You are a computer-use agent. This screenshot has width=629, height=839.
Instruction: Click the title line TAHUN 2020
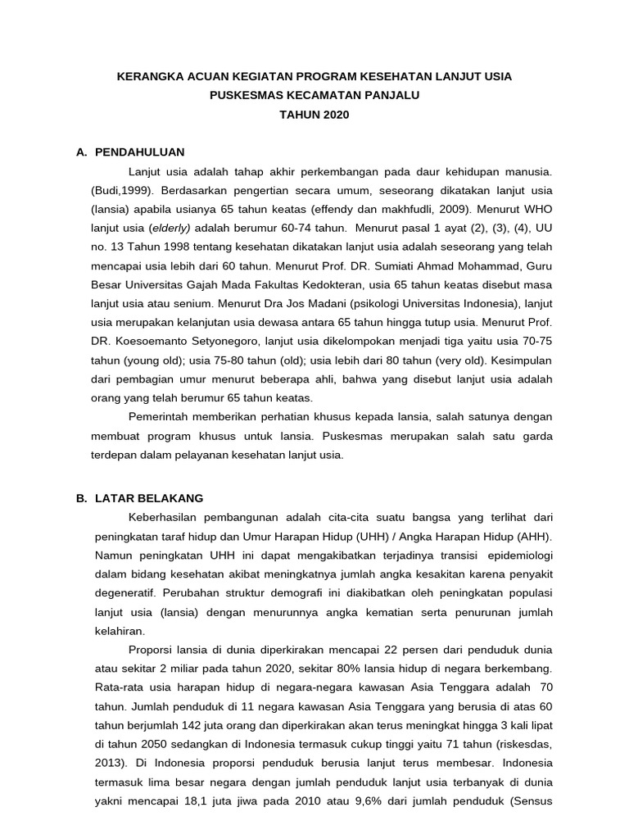pyautogui.click(x=314, y=115)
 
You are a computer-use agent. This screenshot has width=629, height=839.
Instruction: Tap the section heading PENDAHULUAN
pyautogui.click(x=139, y=152)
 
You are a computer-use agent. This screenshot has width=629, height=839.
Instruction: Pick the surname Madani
pyautogui.click(x=302, y=303)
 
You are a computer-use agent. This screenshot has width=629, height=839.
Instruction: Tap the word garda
pyautogui.click(x=536, y=436)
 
